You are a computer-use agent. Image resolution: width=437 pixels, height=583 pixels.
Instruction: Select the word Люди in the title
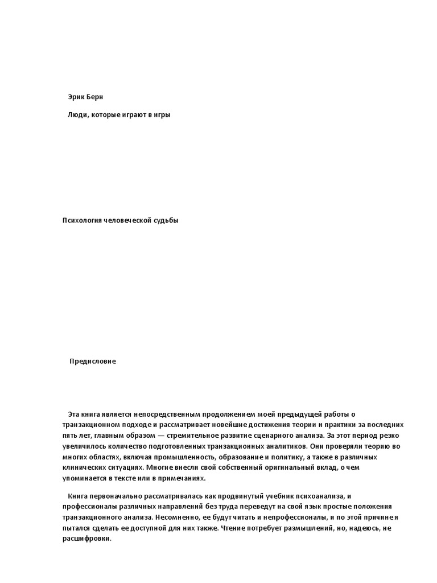pos(77,114)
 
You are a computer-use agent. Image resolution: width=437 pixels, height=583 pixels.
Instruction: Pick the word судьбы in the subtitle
pos(165,220)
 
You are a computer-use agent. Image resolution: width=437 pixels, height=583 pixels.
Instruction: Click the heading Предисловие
pos(92,361)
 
